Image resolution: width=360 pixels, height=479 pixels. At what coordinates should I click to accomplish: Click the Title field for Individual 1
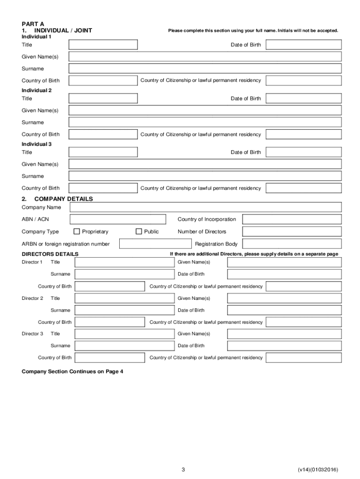103,45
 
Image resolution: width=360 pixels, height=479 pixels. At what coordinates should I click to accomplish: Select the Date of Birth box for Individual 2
303,99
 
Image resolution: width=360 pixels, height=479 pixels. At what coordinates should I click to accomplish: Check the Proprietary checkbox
77,232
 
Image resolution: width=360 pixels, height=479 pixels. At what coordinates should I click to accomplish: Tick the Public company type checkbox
138,232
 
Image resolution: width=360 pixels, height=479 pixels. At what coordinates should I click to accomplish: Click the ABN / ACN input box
118,219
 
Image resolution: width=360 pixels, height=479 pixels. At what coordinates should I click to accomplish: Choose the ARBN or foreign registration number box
155,244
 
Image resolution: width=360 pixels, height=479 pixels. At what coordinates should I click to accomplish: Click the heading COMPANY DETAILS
64,199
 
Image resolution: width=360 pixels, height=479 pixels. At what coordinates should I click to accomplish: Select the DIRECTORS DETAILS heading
50,254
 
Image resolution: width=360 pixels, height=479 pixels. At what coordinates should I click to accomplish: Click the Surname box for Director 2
124,310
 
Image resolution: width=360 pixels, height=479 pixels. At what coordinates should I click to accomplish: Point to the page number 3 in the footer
184,469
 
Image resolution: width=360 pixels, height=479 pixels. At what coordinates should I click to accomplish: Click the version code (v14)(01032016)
317,469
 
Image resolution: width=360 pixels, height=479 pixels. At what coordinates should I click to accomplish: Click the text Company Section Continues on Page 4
72,371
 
